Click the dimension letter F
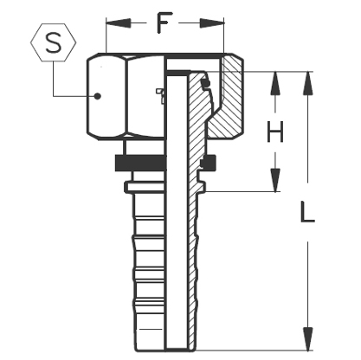coord(160,22)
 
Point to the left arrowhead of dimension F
coord(111,22)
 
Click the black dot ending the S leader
coord(97,96)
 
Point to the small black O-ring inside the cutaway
coord(206,84)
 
